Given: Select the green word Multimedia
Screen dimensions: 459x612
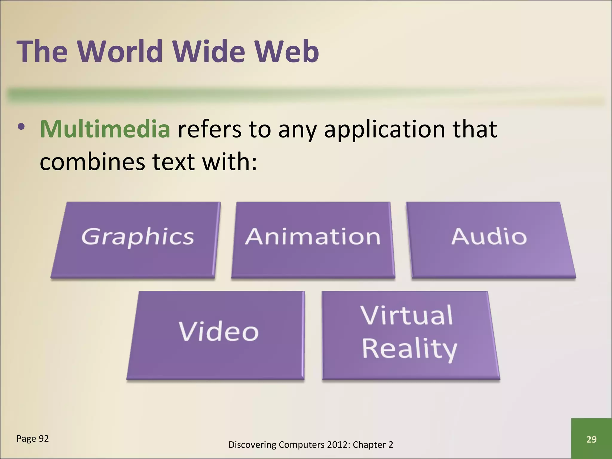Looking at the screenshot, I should coord(105,129).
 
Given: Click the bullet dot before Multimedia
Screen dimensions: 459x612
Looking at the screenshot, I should coord(21,127).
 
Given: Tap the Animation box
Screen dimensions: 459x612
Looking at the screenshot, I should coord(313,240).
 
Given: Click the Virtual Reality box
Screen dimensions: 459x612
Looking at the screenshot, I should coord(410,335).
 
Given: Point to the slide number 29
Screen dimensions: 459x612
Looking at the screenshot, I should coord(591,439).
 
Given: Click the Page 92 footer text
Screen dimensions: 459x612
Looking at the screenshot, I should coord(33,438).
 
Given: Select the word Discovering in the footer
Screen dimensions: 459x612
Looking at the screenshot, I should coord(252,445).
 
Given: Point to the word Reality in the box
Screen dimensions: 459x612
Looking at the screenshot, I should coord(409,349).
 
